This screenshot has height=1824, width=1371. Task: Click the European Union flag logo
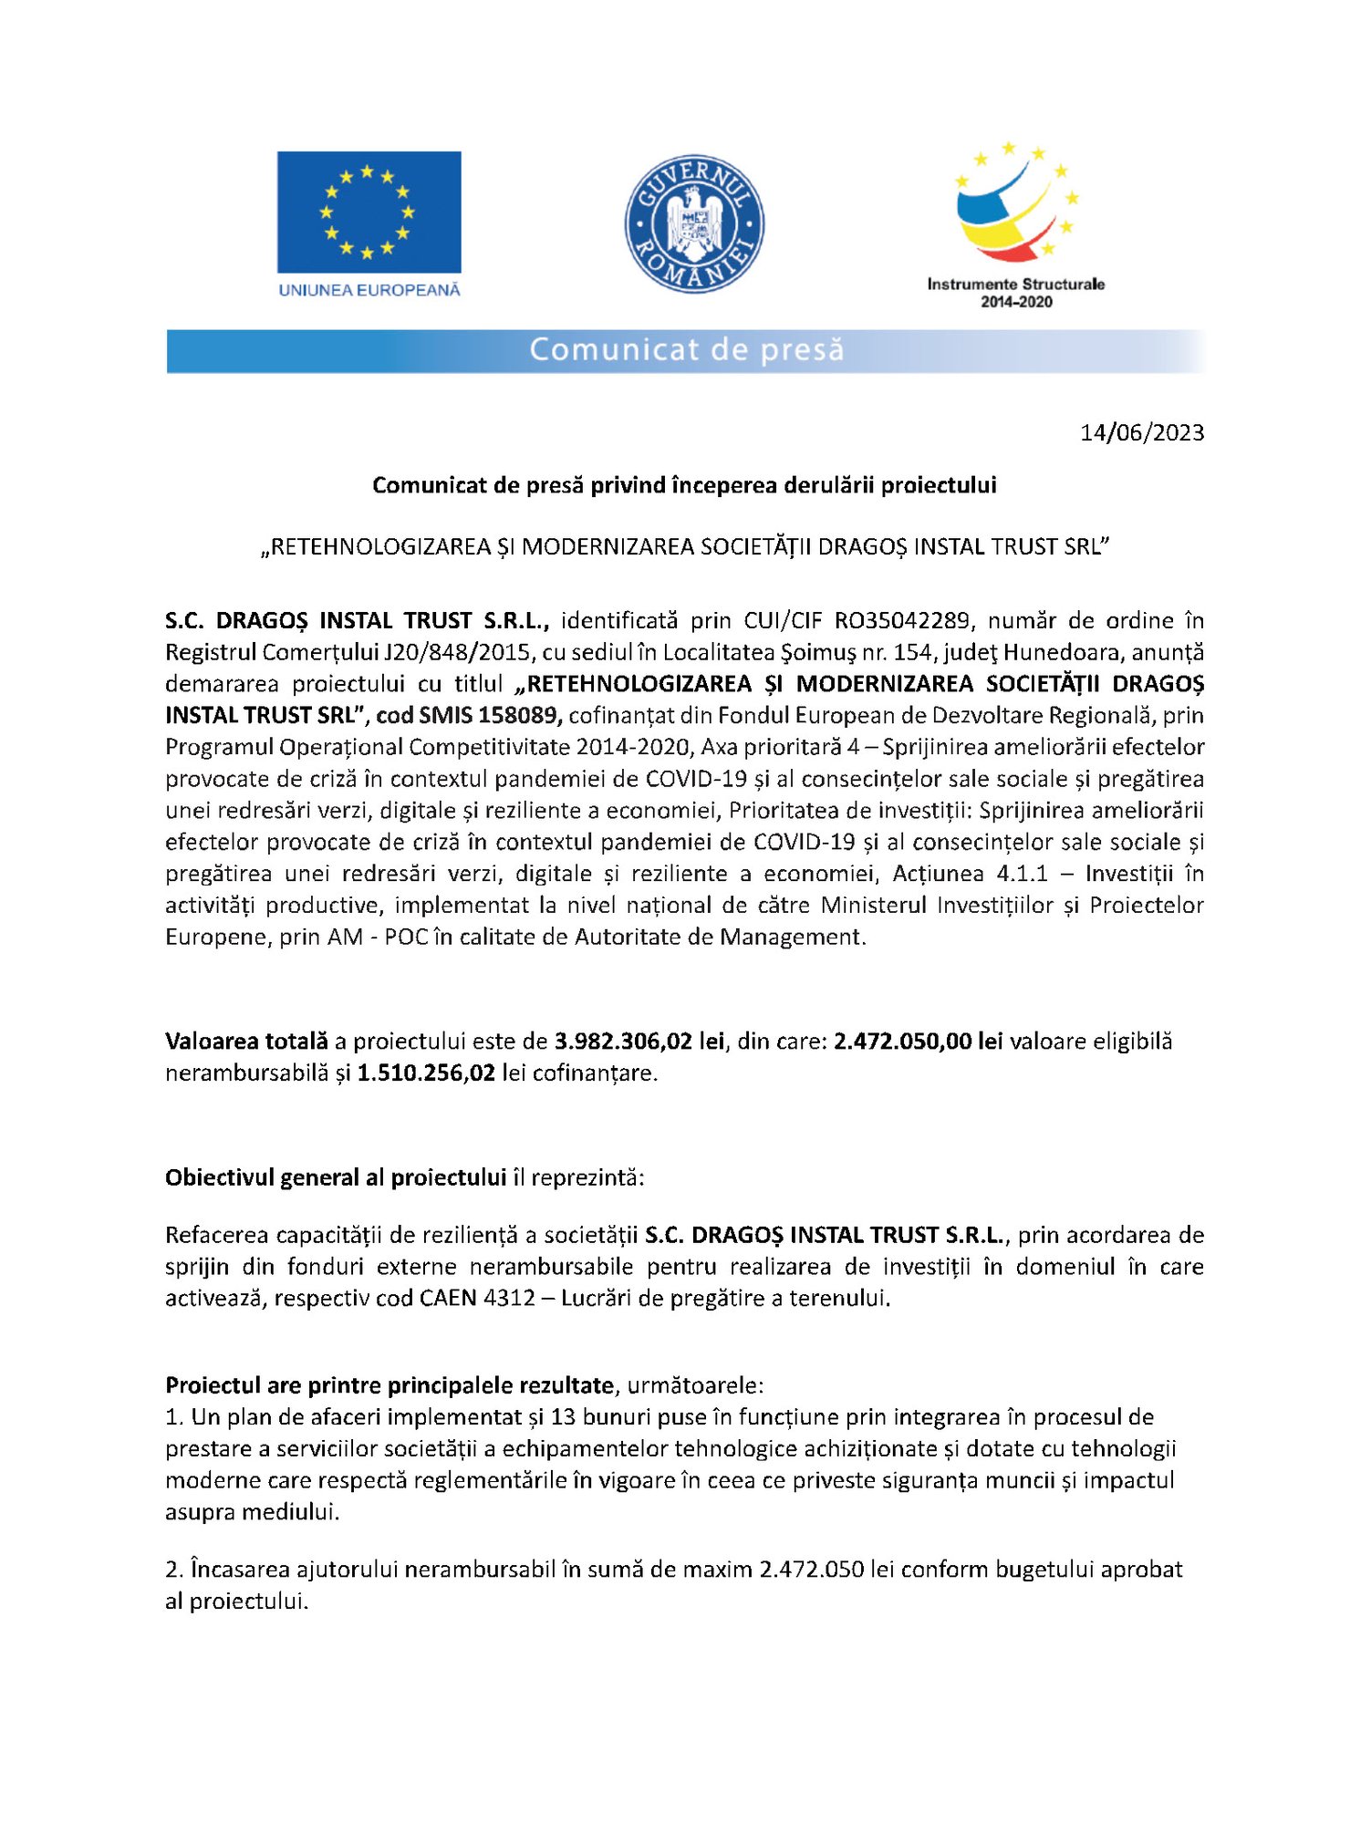tap(369, 212)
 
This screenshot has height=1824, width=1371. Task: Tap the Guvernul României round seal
tap(694, 224)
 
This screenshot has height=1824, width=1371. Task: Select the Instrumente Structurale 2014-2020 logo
tap(1015, 224)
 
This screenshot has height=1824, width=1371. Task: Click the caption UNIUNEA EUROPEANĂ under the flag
tap(369, 290)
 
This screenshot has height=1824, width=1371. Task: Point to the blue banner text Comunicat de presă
tap(686, 350)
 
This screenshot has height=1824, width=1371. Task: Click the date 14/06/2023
tap(1142, 432)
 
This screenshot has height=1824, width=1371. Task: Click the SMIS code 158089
tap(516, 715)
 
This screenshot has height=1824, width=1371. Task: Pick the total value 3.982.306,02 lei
tap(639, 1041)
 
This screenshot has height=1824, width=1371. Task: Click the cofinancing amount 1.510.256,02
tap(426, 1073)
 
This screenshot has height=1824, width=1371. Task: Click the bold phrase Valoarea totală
tap(246, 1041)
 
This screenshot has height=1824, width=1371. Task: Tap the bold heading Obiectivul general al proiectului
tap(336, 1177)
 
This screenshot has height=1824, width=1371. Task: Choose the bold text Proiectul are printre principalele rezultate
tap(389, 1385)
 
